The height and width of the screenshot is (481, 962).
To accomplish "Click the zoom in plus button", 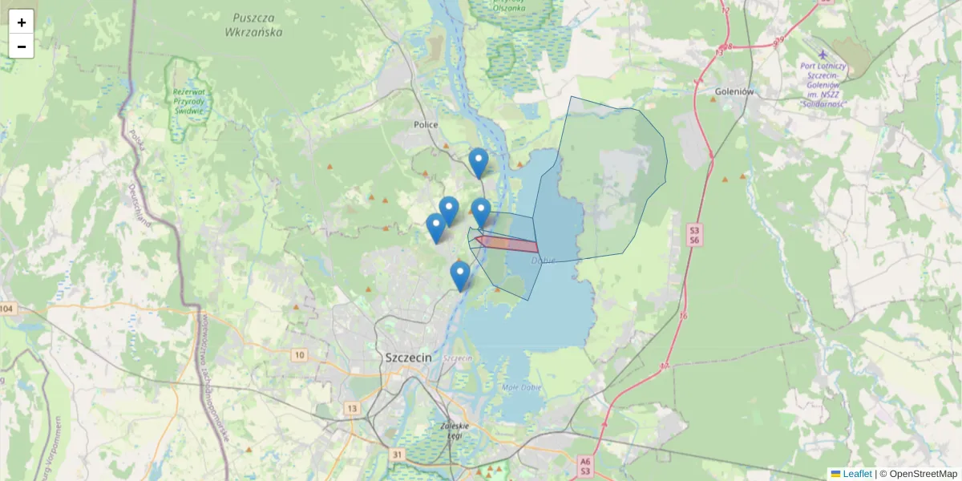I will coord(22,22).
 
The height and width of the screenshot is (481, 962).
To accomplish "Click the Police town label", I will coord(426,125).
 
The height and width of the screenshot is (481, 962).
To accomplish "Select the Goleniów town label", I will coord(734,92).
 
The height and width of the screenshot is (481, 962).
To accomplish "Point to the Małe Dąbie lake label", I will coord(522,388).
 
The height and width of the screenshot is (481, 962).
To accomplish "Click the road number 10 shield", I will coord(300,355).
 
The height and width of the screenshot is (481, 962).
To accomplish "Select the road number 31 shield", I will coord(398,455).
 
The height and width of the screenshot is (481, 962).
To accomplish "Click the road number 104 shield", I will coord(7,309).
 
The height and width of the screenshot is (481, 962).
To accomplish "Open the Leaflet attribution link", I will coord(856,474).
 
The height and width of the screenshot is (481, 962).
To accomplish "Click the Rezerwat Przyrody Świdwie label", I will coord(189,102).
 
